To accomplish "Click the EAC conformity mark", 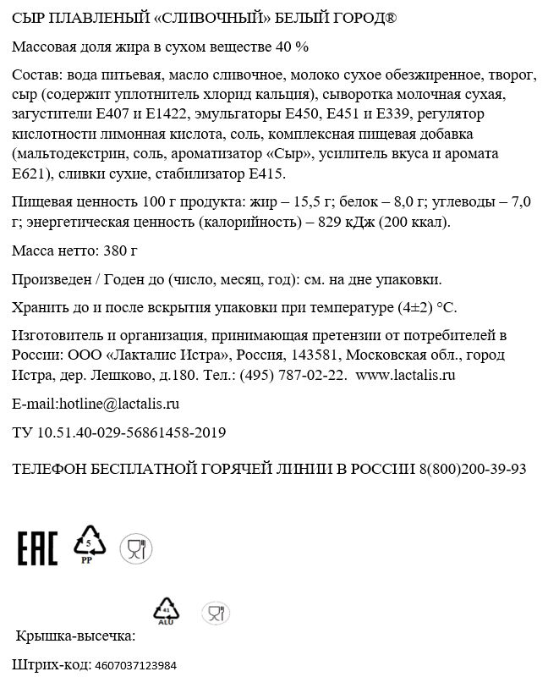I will coord(37,548).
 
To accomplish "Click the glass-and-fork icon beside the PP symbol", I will coord(133,548).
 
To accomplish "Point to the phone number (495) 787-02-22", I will coord(293,374).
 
